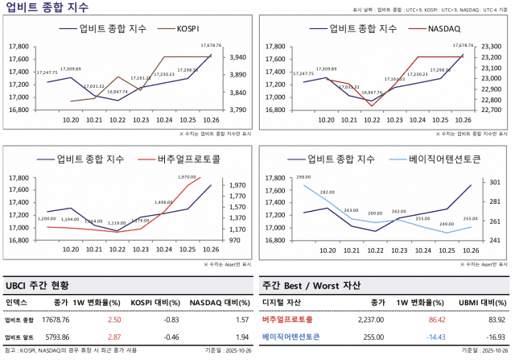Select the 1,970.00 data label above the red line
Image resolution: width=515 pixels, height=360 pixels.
click(x=187, y=176)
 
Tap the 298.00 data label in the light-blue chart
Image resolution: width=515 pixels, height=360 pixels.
click(x=303, y=176)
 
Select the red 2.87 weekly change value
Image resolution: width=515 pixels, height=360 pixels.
click(x=114, y=337)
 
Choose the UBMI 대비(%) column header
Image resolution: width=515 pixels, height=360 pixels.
click(x=478, y=303)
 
